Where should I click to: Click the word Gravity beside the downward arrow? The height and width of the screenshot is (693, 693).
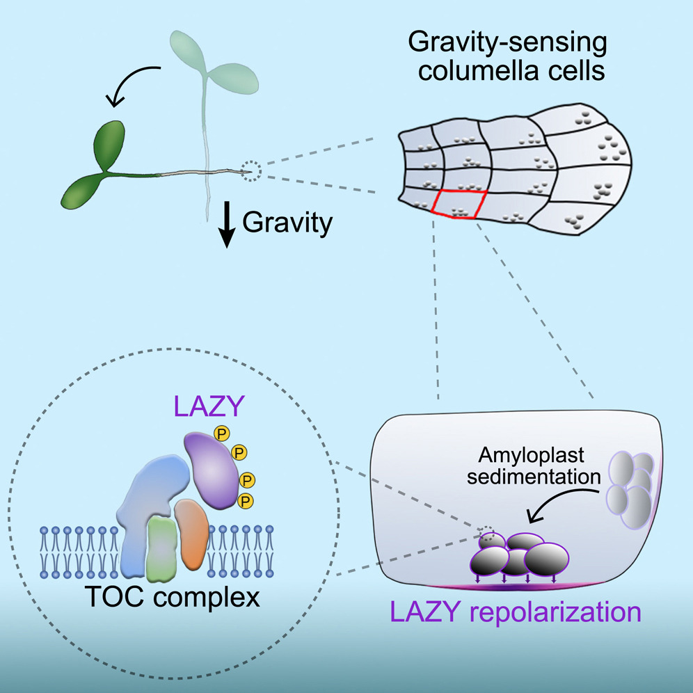[287, 224]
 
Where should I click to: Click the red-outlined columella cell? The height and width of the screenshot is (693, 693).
[456, 204]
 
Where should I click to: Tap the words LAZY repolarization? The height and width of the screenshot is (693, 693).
[515, 612]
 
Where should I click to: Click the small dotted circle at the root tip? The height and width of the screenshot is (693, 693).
[252, 169]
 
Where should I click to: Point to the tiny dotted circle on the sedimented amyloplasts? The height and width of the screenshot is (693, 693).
[489, 534]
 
